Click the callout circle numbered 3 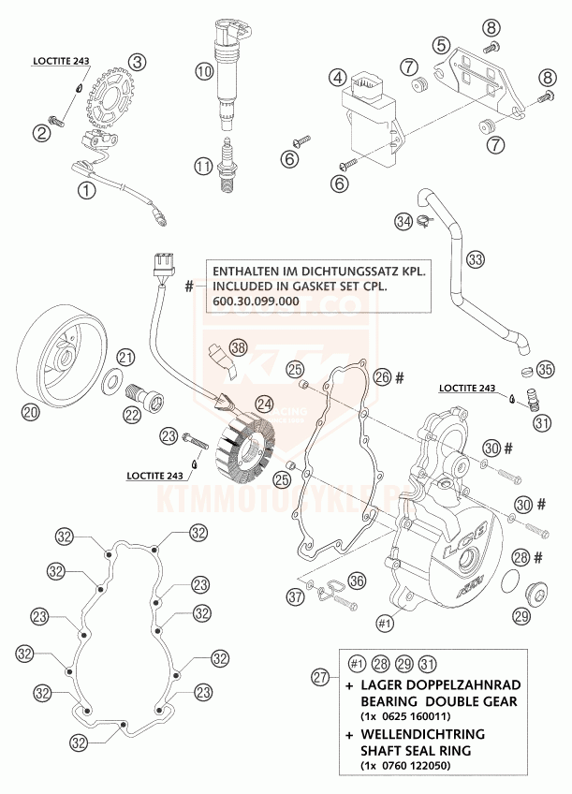[139, 63]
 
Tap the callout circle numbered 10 [204, 68]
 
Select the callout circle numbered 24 [265, 404]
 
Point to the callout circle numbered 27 [321, 675]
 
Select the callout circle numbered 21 [126, 357]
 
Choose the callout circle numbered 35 [546, 366]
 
